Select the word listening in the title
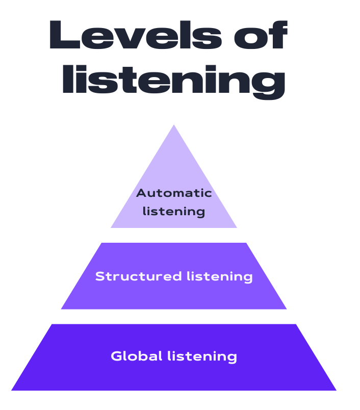[x=173, y=81]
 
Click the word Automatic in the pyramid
[x=174, y=193]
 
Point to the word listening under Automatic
[x=174, y=211]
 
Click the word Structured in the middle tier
[x=138, y=276]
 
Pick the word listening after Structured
[x=219, y=276]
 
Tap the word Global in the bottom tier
[x=136, y=356]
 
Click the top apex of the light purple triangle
[x=174, y=125]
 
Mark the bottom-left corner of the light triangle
[x=111, y=227]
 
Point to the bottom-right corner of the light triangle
[x=237, y=227]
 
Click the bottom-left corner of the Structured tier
[x=62, y=309]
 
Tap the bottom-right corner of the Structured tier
[x=286, y=309]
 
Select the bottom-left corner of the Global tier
[x=12, y=390]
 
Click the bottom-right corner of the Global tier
[x=336, y=390]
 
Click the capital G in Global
[x=116, y=356]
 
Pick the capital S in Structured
[x=100, y=276]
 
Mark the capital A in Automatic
[x=141, y=193]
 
